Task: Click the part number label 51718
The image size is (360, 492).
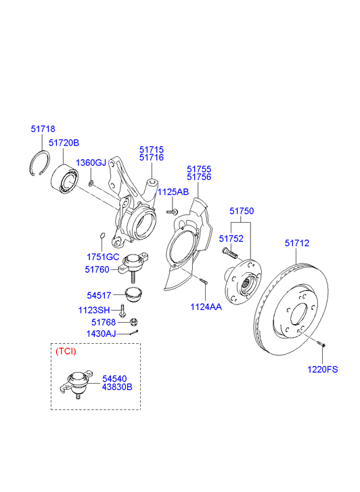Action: click(x=43, y=129)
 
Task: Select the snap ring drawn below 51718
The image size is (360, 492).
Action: click(x=40, y=166)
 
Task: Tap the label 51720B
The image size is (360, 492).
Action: click(x=64, y=143)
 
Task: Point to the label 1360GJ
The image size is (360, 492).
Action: click(x=91, y=163)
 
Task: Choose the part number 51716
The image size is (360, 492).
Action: click(x=152, y=158)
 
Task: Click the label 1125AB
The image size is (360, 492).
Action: click(x=173, y=192)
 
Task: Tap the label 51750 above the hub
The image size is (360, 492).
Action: click(x=241, y=212)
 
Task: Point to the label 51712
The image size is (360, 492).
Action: click(x=296, y=243)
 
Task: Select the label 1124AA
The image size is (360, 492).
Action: click(x=206, y=307)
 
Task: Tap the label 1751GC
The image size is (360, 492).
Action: click(x=102, y=257)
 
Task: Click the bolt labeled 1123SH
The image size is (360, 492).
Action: click(x=122, y=311)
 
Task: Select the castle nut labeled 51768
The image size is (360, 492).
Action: click(x=133, y=322)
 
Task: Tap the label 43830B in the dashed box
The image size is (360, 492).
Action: click(x=117, y=388)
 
